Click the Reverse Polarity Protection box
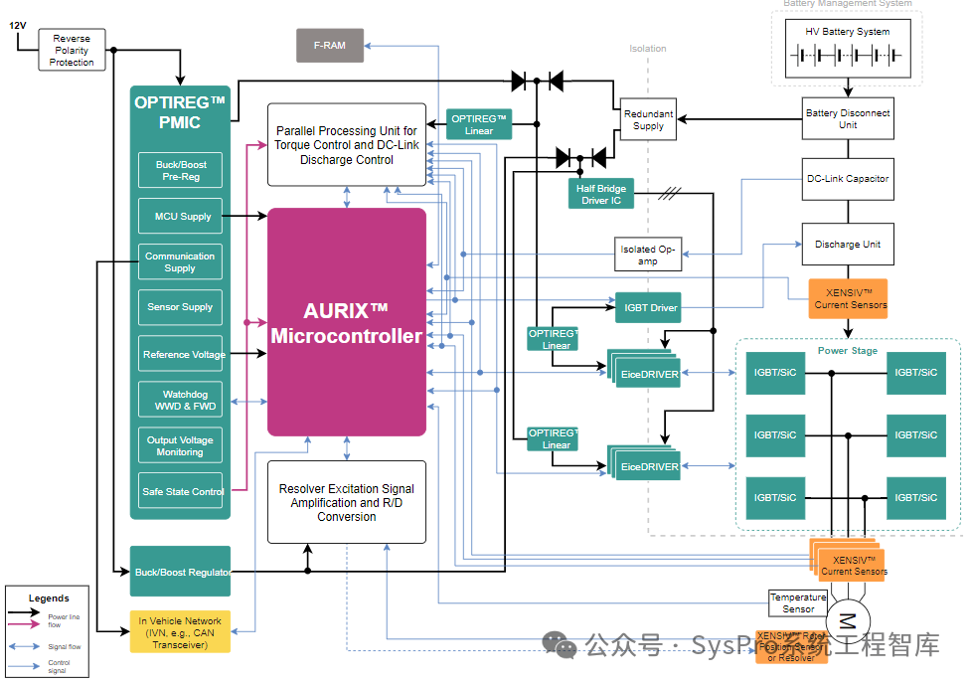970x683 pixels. click(x=72, y=51)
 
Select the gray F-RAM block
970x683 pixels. click(x=330, y=46)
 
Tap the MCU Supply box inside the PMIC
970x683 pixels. click(x=180, y=216)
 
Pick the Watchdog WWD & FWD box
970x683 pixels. click(x=180, y=401)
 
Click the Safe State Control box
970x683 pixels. click(x=180, y=491)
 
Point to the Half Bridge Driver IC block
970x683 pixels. click(x=600, y=193)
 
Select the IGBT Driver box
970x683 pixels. click(x=650, y=308)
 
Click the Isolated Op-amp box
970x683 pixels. click(x=648, y=256)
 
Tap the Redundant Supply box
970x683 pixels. click(x=648, y=119)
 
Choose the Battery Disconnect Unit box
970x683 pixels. click(x=848, y=119)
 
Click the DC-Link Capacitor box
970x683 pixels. click(x=848, y=179)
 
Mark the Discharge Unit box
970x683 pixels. click(x=848, y=245)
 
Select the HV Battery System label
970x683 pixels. click(x=848, y=32)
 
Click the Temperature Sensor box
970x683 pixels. click(x=798, y=602)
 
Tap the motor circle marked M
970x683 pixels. click(x=848, y=620)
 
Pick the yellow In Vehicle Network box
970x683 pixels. click(x=180, y=632)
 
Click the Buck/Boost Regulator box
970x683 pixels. click(x=180, y=572)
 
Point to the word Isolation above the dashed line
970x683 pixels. click(x=648, y=48)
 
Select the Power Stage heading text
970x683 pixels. click(x=848, y=351)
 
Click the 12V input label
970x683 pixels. click(x=18, y=26)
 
